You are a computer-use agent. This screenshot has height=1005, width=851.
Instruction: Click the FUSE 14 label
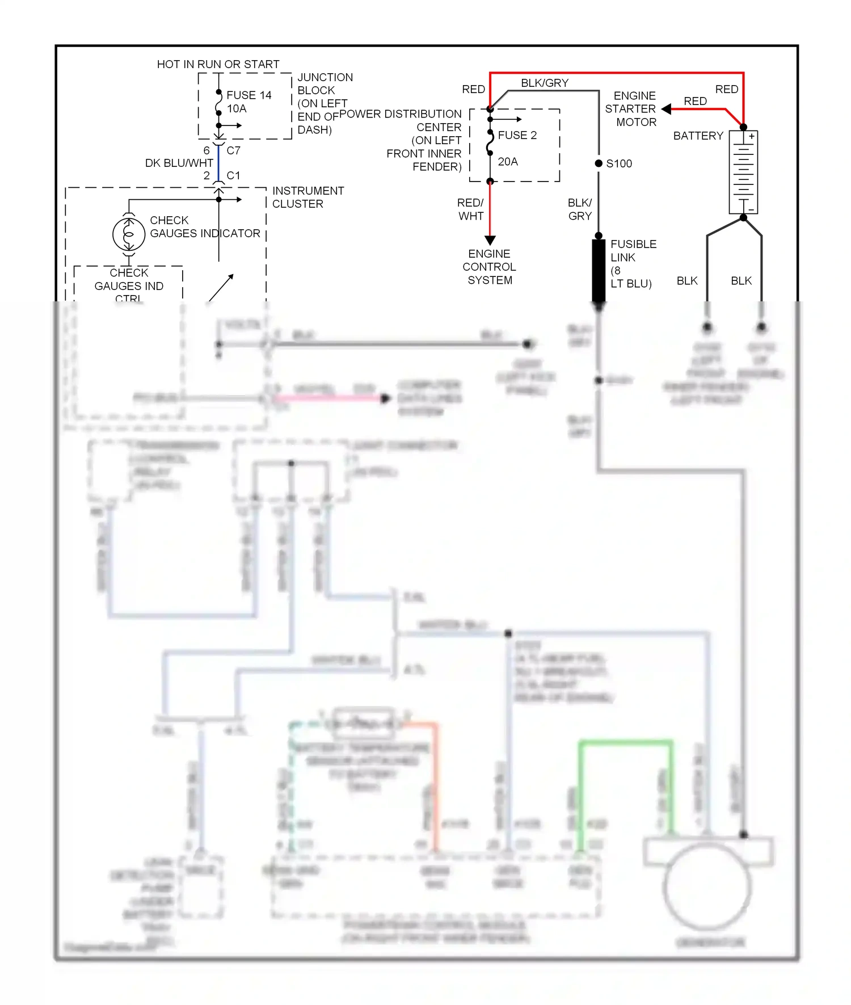point(248,95)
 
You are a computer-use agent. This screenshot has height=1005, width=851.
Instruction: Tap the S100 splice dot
point(599,163)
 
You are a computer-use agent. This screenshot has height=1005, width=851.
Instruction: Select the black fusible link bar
point(599,270)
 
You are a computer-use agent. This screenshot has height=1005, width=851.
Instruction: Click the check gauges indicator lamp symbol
point(129,234)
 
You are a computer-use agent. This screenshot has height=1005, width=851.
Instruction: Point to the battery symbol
point(743,172)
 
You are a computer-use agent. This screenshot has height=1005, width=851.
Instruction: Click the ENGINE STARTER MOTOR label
point(631,109)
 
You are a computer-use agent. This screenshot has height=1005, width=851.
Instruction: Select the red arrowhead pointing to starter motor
point(667,109)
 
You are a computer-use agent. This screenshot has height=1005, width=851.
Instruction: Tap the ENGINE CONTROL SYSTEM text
point(490,267)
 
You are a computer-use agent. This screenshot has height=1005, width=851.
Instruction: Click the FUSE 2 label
point(517,135)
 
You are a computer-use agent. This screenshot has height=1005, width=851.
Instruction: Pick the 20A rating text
point(508,162)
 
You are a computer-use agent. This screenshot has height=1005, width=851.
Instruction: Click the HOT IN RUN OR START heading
point(218,64)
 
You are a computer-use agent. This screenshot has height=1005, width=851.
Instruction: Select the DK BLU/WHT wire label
point(179,163)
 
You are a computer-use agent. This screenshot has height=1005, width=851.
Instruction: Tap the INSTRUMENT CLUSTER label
point(307,197)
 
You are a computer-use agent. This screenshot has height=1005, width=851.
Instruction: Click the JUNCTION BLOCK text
point(325,84)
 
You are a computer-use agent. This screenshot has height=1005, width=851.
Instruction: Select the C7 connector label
point(233,150)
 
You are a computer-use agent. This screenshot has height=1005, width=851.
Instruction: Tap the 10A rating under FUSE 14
point(237,108)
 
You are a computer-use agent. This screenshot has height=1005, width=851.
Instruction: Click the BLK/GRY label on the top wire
point(544,83)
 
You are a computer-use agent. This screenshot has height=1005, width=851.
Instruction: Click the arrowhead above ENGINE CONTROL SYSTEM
point(490,241)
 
